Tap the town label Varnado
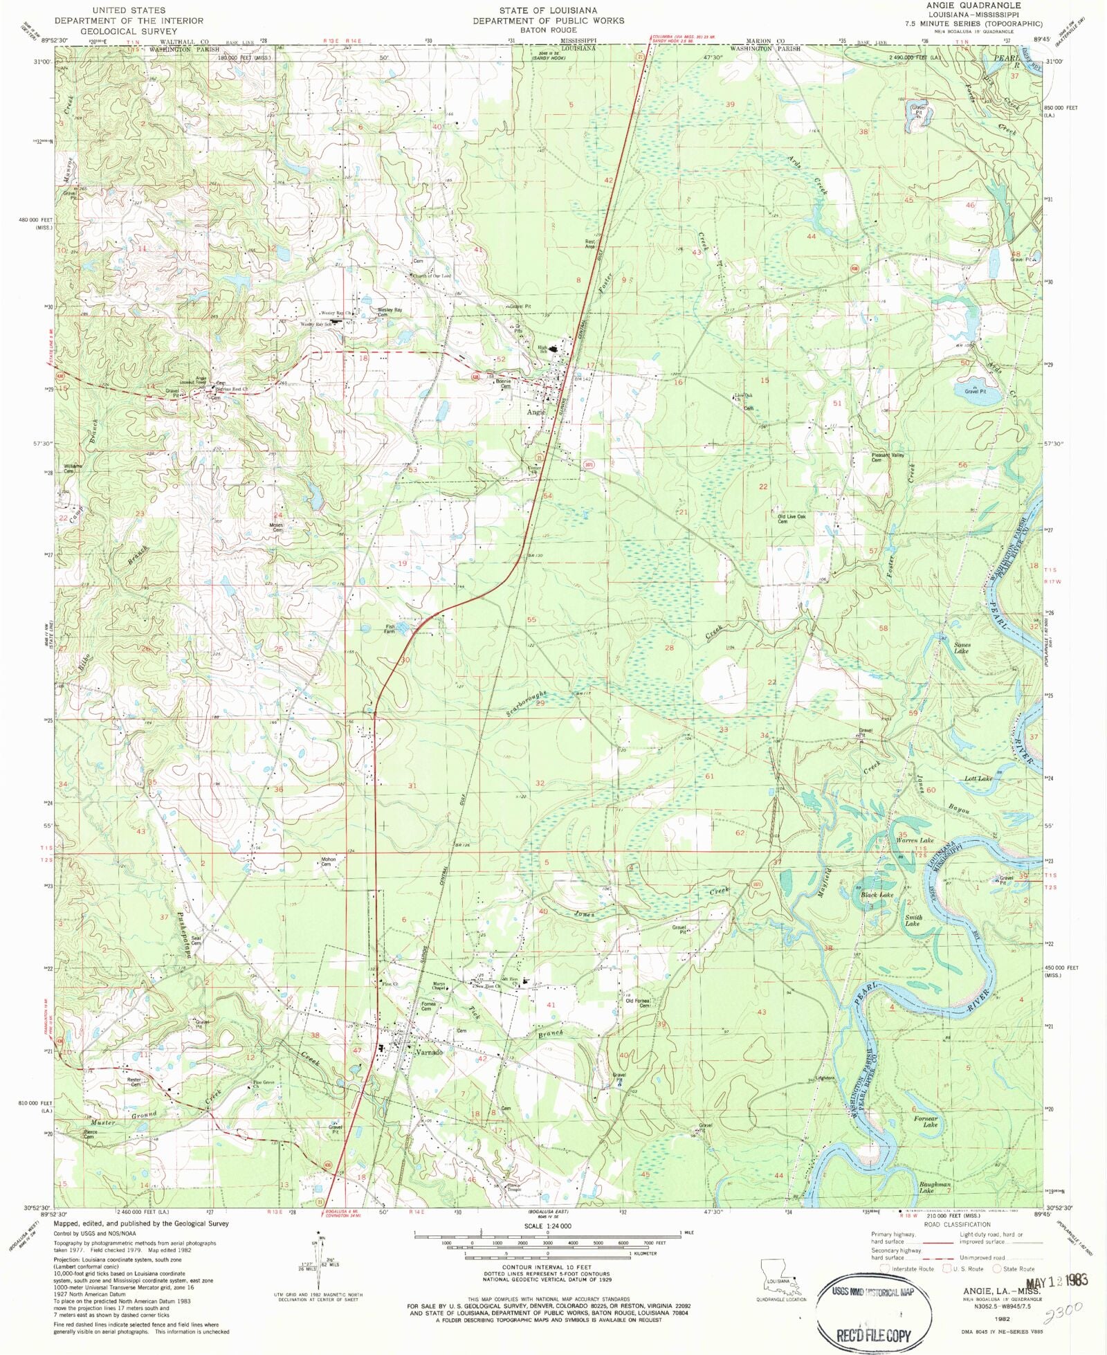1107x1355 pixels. tap(428, 1053)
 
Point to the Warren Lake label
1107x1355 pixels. tap(915, 840)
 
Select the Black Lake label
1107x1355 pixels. tap(877, 895)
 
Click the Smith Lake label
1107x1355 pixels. tap(913, 920)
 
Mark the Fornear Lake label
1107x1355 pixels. tap(926, 1121)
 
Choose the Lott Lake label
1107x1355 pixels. tap(978, 779)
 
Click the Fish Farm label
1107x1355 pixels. tap(390, 629)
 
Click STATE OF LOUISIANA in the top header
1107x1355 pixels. tap(548, 10)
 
